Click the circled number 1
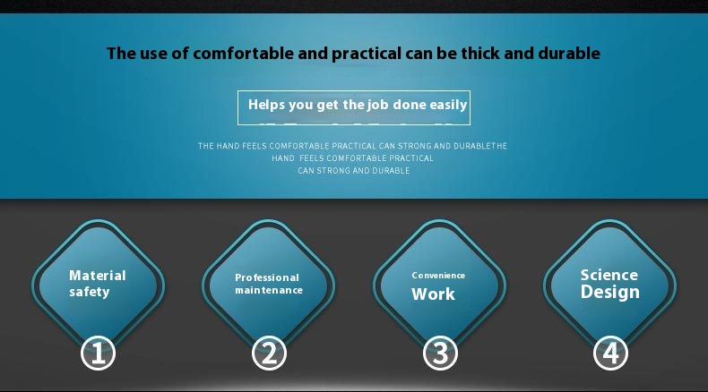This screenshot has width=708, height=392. coord(98,353)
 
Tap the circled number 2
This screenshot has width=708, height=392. coord(269,353)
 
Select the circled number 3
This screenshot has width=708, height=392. coord(440,353)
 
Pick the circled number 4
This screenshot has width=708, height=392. coord(610,353)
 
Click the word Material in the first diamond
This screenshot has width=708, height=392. coord(98,275)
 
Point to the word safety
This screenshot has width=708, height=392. coord(90,292)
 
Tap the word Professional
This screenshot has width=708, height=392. coord(267,277)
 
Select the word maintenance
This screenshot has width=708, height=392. coord(269,290)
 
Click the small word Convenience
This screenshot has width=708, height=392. coord(438,275)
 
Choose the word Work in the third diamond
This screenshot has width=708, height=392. coord(433,294)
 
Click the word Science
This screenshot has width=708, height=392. coord(609,275)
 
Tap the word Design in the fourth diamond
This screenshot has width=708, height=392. coord(610,292)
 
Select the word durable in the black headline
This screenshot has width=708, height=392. coord(569,53)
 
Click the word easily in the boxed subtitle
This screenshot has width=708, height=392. coord(448,105)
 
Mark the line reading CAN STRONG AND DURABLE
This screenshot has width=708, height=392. coord(353,171)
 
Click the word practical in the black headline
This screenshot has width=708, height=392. coord(367,54)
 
